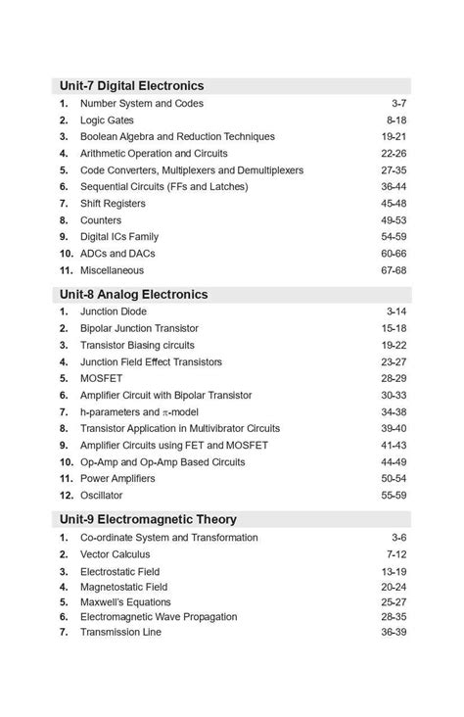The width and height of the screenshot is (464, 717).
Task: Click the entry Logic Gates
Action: [x=107, y=120]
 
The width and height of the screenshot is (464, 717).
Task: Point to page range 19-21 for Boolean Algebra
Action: [x=394, y=137]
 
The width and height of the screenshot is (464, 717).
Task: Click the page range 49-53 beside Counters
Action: [x=394, y=220]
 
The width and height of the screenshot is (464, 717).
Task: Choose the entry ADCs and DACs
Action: [x=117, y=254]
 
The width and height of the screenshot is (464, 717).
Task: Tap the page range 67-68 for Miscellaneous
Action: [x=394, y=270]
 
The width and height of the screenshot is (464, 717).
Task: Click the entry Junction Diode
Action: [x=113, y=311]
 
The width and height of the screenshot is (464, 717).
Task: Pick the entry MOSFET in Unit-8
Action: [x=101, y=378]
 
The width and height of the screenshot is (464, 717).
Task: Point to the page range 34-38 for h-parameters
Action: [x=394, y=412]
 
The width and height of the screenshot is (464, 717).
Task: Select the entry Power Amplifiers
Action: [x=117, y=478]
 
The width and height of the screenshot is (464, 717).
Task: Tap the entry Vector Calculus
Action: [x=116, y=554]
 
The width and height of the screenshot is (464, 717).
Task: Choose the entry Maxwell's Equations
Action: [x=125, y=602]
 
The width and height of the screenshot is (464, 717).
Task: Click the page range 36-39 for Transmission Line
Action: [x=394, y=633]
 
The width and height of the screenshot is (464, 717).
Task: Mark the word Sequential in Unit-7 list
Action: [x=105, y=187]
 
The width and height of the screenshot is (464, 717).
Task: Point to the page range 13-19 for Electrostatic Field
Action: [x=394, y=572]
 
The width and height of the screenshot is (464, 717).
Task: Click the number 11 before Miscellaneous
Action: [x=66, y=270]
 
